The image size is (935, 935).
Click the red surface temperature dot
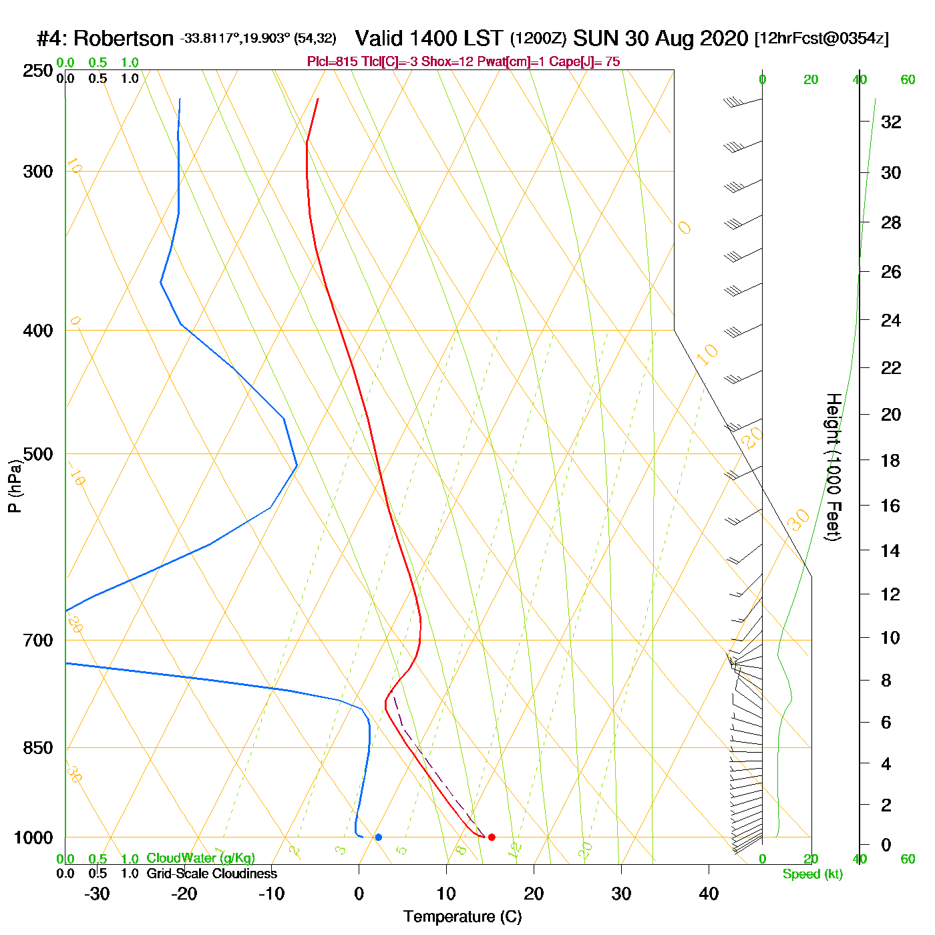pos(492,837)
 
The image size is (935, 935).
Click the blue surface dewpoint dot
pos(379,837)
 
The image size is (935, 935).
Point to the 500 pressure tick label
pos(38,454)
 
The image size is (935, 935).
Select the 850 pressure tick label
pos(38,748)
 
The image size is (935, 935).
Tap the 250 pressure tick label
pos(38,71)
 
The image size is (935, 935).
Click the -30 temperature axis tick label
pos(97,894)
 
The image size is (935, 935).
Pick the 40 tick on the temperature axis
pos(709,894)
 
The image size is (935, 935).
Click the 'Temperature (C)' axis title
pos(462,917)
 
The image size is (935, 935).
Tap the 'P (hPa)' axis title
pos(15,486)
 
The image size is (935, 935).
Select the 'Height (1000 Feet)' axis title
pos(833,467)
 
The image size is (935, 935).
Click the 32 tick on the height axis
pos(891,122)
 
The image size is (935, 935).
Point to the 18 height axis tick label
pos(891,460)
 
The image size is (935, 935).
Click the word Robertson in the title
pos(124,39)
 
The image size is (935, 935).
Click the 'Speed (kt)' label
pos(813,874)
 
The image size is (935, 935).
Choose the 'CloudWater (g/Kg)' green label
pos(200,858)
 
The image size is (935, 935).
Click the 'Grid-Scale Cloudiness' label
pos(212,874)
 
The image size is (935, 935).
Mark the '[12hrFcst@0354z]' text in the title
pos(821,39)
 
